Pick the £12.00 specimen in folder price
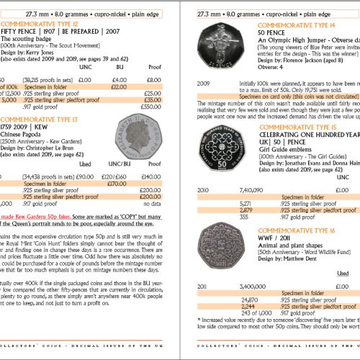(109, 86)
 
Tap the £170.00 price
(109, 184)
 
